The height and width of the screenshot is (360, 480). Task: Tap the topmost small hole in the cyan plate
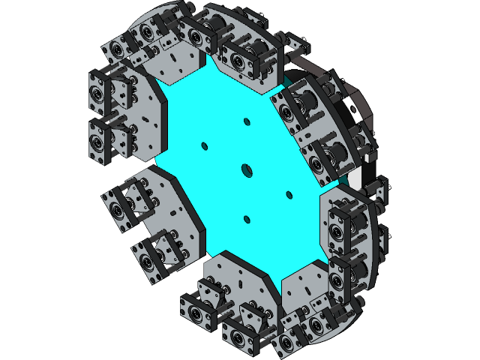[x=246, y=121]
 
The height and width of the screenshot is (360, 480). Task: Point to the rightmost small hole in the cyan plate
[x=289, y=195]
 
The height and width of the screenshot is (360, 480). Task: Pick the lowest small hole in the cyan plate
[x=246, y=219]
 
